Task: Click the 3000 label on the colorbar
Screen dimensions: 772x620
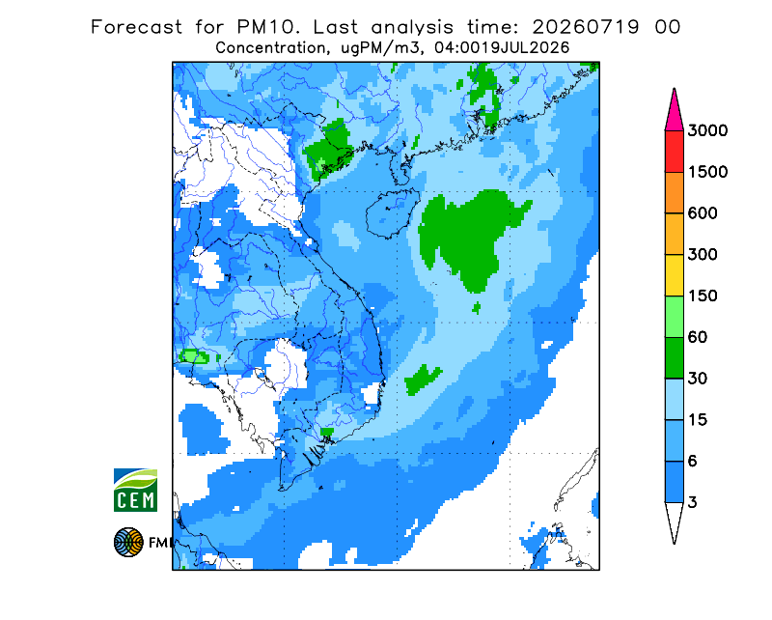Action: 707,130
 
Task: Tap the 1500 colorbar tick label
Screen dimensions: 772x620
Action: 707,172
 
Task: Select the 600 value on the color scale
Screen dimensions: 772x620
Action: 703,213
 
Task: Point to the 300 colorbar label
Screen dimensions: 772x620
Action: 703,255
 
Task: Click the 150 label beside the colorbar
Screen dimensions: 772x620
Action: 703,296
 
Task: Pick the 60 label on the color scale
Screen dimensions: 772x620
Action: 697,338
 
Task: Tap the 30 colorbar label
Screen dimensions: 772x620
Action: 697,379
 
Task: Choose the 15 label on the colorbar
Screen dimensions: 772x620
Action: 697,420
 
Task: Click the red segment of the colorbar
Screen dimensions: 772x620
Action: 674,152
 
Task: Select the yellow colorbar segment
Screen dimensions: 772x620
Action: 674,275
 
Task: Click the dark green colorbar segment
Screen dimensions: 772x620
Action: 674,358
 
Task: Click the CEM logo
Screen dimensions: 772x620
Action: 135,490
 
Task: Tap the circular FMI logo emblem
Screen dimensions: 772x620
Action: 128,542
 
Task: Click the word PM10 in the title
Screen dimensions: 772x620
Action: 267,27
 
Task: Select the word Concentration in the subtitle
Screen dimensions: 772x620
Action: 270,48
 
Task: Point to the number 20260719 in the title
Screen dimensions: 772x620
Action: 586,27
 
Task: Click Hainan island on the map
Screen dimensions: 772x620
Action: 392,212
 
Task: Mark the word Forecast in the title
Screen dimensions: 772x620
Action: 136,27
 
